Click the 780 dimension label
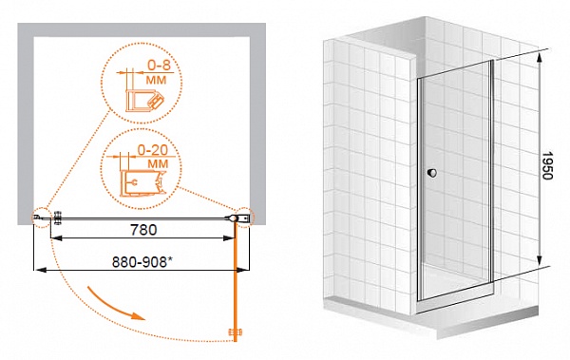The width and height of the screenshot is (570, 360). coord(143,230)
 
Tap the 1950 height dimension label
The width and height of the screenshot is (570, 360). coord(546,165)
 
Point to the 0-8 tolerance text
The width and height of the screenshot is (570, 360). coord(159,66)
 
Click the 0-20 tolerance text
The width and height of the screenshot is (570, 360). coord(153,149)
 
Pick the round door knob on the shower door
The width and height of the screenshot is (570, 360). coord(432,173)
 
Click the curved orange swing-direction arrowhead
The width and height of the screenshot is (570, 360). coord(138,315)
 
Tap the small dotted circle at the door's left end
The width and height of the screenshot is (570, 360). coord(41,218)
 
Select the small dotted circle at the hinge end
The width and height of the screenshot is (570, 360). coord(245,218)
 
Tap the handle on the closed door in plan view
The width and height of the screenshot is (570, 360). coord(57,218)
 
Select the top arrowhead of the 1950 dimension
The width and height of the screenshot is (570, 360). coord(540,57)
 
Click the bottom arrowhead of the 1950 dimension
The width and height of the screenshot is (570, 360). coord(540,260)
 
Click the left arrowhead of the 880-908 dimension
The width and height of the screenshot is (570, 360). coord(39,270)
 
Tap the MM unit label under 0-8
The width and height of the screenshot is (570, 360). coord(157,80)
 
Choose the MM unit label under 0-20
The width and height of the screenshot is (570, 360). coord(158,163)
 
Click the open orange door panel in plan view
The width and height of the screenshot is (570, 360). coord(236,281)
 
